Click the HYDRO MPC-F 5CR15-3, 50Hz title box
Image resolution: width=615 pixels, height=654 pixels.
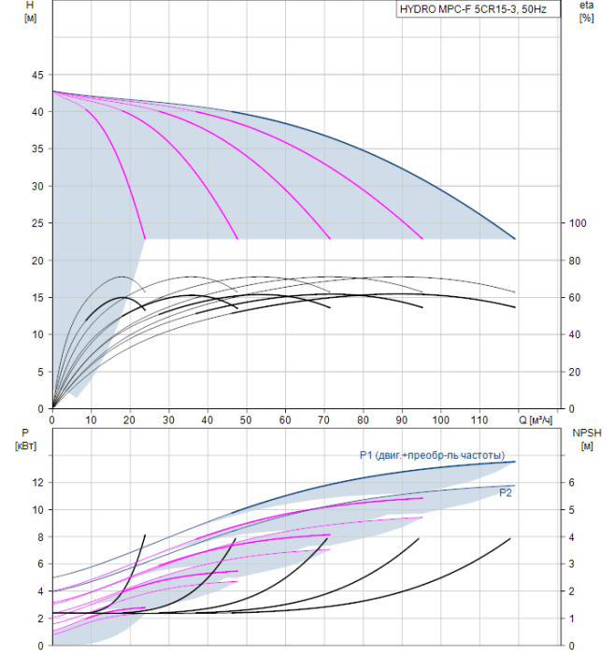pyautogui.click(x=478, y=9)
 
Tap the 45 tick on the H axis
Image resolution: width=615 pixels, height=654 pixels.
pyautogui.click(x=37, y=75)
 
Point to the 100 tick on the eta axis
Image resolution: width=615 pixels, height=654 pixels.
pyautogui.click(x=578, y=223)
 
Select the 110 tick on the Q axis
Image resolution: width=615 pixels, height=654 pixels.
pyautogui.click(x=479, y=419)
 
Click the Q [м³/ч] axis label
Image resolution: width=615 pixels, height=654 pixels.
pyautogui.click(x=536, y=419)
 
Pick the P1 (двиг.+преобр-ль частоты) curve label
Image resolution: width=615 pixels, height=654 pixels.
pyautogui.click(x=432, y=455)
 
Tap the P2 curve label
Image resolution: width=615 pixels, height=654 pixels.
pyautogui.click(x=506, y=493)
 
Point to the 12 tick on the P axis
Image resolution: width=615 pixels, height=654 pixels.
pyautogui.click(x=37, y=483)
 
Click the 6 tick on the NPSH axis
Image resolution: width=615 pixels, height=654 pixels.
pyautogui.click(x=572, y=483)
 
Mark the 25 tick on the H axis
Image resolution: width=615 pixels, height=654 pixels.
pyautogui.click(x=37, y=223)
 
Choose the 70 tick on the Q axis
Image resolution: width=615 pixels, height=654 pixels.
pyautogui.click(x=323, y=419)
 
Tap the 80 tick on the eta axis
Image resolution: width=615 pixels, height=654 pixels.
pyautogui.click(x=575, y=261)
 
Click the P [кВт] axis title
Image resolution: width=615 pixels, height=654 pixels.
pyautogui.click(x=25, y=439)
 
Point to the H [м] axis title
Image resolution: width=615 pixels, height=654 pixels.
pyautogui.click(x=30, y=11)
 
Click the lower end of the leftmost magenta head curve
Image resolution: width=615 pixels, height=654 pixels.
pyautogui.click(x=145, y=238)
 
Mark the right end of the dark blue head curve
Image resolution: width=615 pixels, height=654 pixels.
pyautogui.click(x=515, y=238)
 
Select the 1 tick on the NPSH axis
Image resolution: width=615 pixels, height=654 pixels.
pyautogui.click(x=572, y=618)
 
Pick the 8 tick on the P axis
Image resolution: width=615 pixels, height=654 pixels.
pyautogui.click(x=40, y=537)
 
